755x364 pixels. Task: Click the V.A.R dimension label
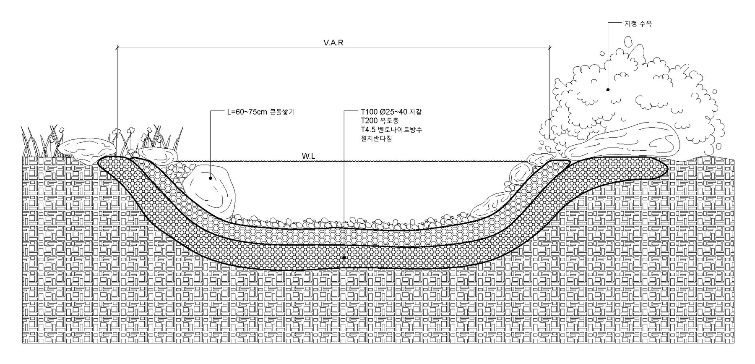[x=333, y=43]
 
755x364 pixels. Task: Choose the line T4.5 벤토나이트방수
[x=391, y=130]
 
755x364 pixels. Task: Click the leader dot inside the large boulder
[x=210, y=178]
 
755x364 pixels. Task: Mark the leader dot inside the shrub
[x=608, y=89]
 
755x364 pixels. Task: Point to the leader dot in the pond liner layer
[x=344, y=257]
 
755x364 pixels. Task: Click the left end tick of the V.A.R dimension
[x=117, y=48]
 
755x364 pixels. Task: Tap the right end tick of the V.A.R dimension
[x=550, y=48]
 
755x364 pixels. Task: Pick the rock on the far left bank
[x=86, y=149]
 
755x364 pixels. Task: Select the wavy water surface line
[x=350, y=161]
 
